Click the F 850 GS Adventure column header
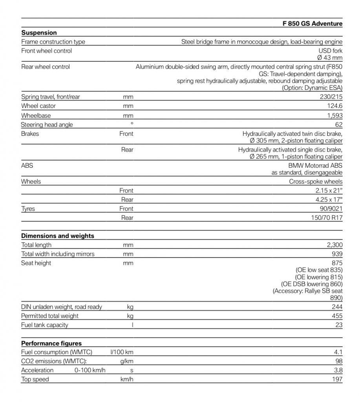[312, 24]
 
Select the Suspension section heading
[39, 33]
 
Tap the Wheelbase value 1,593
[334, 116]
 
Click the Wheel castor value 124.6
[334, 106]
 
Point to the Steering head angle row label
[47, 125]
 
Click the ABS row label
[27, 166]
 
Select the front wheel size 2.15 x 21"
[329, 191]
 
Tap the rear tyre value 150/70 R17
[327, 218]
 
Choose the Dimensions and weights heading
[57, 236]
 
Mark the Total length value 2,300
[334, 245]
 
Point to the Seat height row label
[36, 263]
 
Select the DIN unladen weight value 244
[337, 307]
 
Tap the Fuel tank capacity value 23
[339, 325]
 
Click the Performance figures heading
[51, 344]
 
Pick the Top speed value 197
[337, 379]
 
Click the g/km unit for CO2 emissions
[126, 361]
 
